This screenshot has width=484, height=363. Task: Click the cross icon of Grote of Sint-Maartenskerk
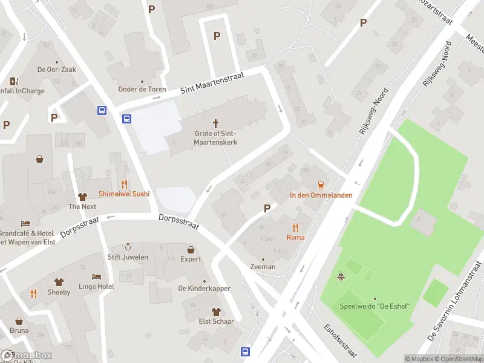coord(215,122)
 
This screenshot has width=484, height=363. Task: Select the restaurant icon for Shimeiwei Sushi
coord(125,184)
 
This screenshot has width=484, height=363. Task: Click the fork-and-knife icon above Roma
coord(295,227)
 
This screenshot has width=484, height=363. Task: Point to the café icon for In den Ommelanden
coord(321,185)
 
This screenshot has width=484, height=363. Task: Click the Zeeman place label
coord(263,267)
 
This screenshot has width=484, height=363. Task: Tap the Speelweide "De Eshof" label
coord(374,306)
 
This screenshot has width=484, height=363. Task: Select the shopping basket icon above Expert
coord(191,249)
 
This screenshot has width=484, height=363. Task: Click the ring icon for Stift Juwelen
coord(128,247)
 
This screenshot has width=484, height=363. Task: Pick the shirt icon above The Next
coord(82,197)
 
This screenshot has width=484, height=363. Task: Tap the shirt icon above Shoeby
coord(59,282)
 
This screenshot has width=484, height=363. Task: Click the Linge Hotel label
coord(96,286)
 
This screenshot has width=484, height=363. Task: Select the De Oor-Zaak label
coord(57,70)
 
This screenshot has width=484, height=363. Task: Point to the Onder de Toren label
coord(142,90)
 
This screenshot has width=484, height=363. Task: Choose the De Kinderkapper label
coord(204,289)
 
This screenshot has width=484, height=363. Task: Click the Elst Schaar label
coord(217,321)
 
